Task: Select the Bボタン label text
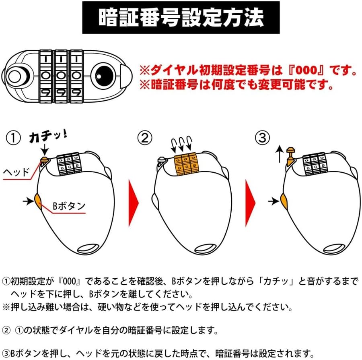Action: [69, 206]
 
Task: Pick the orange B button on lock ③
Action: [282, 200]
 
